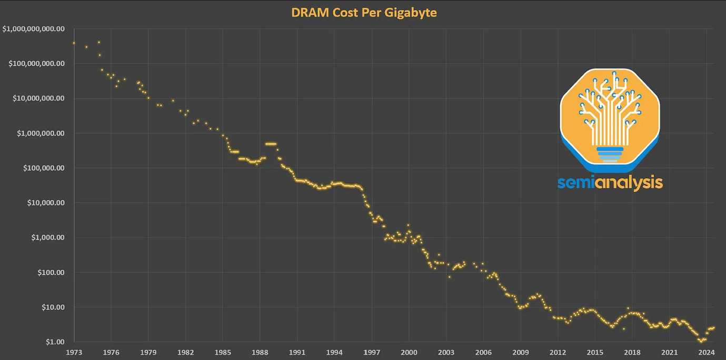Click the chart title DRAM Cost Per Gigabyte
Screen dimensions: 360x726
pyautogui.click(x=364, y=12)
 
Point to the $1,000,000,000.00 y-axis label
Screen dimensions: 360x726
pyautogui.click(x=33, y=29)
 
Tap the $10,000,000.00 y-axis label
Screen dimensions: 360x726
pyautogui.click(x=37, y=98)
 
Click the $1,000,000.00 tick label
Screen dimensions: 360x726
pyautogui.click(x=39, y=133)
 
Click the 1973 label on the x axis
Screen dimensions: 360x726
pyautogui.click(x=74, y=352)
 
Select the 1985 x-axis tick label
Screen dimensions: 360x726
pyautogui.click(x=223, y=352)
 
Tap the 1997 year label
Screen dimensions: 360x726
pyautogui.click(x=372, y=352)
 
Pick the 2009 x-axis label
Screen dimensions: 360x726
pyautogui.click(x=521, y=352)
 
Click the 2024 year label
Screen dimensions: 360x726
pyautogui.click(x=707, y=352)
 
